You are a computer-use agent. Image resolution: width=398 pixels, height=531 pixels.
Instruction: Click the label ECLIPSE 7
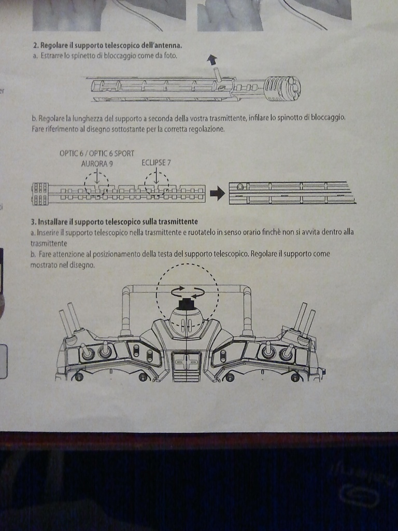pyautogui.click(x=157, y=163)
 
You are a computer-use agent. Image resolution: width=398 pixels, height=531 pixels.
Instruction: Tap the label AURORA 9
pyautogui.click(x=97, y=163)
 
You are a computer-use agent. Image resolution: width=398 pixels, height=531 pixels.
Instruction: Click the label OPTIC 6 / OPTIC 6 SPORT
pyautogui.click(x=97, y=153)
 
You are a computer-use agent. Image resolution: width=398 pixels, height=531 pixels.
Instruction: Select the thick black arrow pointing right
pyautogui.click(x=217, y=193)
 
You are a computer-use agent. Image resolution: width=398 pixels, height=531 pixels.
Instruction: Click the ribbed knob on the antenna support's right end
pyautogui.click(x=282, y=88)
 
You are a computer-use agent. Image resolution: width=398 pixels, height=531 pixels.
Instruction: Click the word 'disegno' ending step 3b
pyautogui.click(x=83, y=265)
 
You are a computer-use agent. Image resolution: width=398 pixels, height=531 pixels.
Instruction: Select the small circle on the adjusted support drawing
pyautogui.click(x=239, y=186)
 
